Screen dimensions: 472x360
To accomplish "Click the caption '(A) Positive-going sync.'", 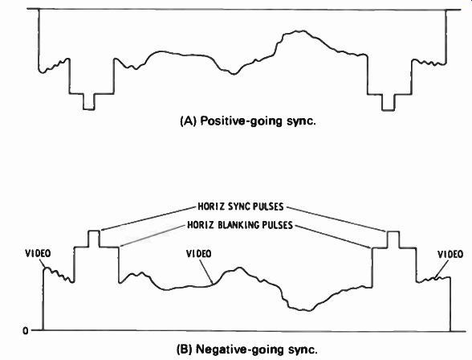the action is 248,121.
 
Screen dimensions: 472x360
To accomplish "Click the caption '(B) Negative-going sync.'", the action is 247,350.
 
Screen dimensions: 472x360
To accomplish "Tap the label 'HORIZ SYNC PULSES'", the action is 241,207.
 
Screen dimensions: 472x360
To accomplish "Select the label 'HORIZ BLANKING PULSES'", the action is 240,225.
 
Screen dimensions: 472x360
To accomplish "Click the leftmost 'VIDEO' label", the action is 38,254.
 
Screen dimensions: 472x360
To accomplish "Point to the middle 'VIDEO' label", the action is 199,254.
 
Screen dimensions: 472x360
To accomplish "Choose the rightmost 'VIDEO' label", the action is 450,255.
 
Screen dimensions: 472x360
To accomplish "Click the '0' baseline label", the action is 26,331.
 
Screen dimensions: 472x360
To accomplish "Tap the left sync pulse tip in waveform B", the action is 94,231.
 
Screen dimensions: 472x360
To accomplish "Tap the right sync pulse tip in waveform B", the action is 393,232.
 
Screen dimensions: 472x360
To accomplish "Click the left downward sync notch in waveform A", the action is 89,109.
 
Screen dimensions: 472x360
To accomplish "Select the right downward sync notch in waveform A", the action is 388,110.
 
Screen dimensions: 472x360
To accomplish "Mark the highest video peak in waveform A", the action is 303,31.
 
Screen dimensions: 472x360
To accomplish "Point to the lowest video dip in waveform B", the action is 308,310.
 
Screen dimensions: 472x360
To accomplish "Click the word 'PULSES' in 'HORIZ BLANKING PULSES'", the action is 278,225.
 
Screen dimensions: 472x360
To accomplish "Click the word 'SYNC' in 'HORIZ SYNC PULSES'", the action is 238,207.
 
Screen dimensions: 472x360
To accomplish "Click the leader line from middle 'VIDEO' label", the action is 206,272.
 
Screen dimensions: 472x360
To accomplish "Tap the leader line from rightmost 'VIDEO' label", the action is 441,268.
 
